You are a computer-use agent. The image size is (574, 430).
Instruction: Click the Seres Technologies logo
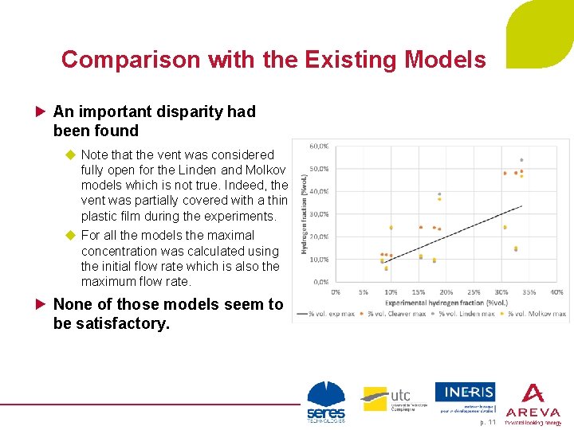(326, 402)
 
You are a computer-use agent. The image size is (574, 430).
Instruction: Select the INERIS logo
(465, 397)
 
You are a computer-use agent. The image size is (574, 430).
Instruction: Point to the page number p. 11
(487, 422)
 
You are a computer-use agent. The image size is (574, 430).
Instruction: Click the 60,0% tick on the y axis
(319, 146)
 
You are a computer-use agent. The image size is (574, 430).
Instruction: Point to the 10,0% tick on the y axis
(319, 259)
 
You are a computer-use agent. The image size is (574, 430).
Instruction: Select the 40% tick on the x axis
(556, 292)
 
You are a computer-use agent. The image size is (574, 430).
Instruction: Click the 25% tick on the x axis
(474, 292)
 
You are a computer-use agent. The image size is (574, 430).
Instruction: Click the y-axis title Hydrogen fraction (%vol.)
(304, 214)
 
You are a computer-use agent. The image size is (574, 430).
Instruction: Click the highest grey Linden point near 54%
(521, 160)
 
